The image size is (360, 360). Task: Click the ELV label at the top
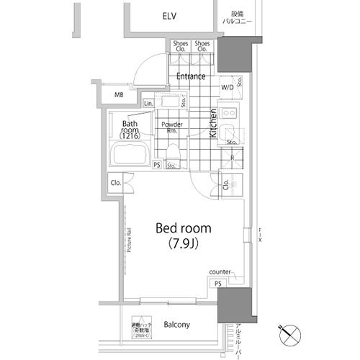pos(169,16)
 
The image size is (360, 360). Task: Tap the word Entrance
pos(191,76)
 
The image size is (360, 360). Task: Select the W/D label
pos(226,88)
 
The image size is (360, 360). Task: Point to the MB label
pos(119,94)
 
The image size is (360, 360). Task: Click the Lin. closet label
pos(148,104)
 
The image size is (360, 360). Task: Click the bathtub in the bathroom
pos(130,154)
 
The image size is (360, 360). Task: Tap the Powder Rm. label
pos(171,127)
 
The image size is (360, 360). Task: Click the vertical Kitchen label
pos(213,123)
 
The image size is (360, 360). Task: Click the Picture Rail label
pos(129,240)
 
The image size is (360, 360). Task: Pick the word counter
pos(220,271)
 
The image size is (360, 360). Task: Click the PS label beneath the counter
pos(217,284)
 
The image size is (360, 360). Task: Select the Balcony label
pos(175,325)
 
